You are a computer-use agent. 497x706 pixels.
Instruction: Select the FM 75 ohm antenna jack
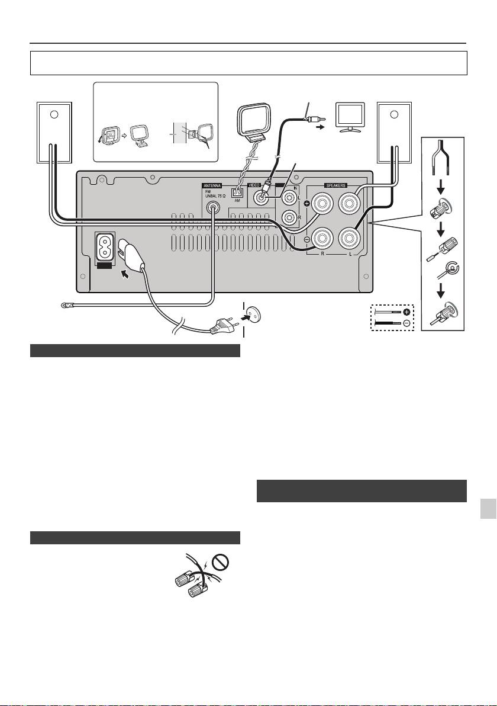pyautogui.click(x=213, y=208)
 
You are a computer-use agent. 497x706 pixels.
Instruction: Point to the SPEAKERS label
pyautogui.click(x=335, y=185)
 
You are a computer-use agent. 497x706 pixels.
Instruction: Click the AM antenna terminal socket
pyautogui.click(x=237, y=192)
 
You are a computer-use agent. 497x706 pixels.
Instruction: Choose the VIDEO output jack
pyautogui.click(x=262, y=197)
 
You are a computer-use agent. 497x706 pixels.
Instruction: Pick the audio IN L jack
pyautogui.click(x=288, y=197)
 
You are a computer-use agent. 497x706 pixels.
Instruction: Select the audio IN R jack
pyautogui.click(x=288, y=218)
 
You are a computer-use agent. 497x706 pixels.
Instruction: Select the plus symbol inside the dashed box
pyautogui.click(x=406, y=312)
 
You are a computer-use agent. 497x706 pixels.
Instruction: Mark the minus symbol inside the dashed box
pyautogui.click(x=406, y=323)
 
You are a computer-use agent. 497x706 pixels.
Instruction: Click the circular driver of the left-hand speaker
pyautogui.click(x=54, y=114)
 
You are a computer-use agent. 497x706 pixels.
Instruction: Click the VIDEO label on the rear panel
pyautogui.click(x=254, y=185)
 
